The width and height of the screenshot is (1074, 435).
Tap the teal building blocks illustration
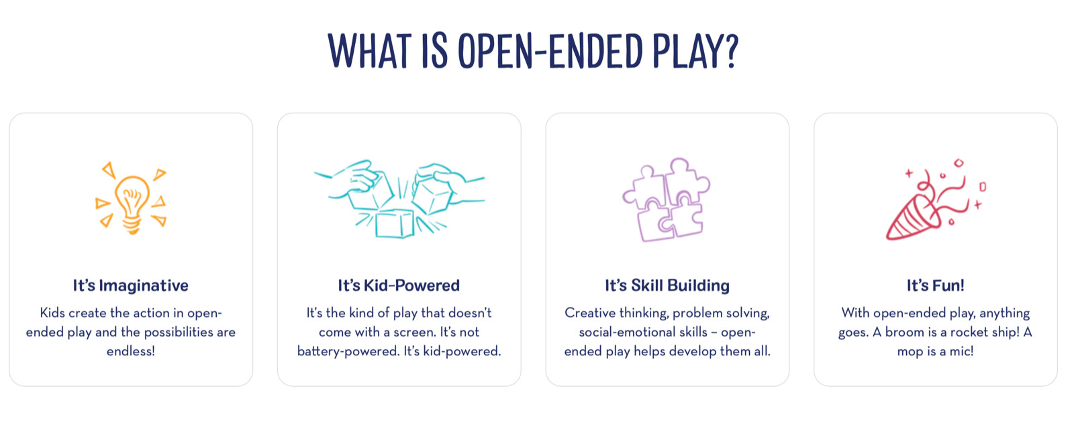click(399, 198)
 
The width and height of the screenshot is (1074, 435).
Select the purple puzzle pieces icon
click(667, 199)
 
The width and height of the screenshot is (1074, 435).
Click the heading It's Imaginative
click(130, 286)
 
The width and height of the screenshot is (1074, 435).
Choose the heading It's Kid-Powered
click(399, 286)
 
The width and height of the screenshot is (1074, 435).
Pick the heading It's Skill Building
click(667, 286)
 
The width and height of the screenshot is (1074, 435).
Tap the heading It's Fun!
click(936, 286)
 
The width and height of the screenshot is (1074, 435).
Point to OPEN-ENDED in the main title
click(550, 51)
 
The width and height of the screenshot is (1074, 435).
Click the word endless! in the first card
click(130, 351)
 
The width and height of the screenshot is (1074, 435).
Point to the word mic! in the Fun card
click(961, 351)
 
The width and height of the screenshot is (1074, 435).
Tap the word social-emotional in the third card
click(643, 332)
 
